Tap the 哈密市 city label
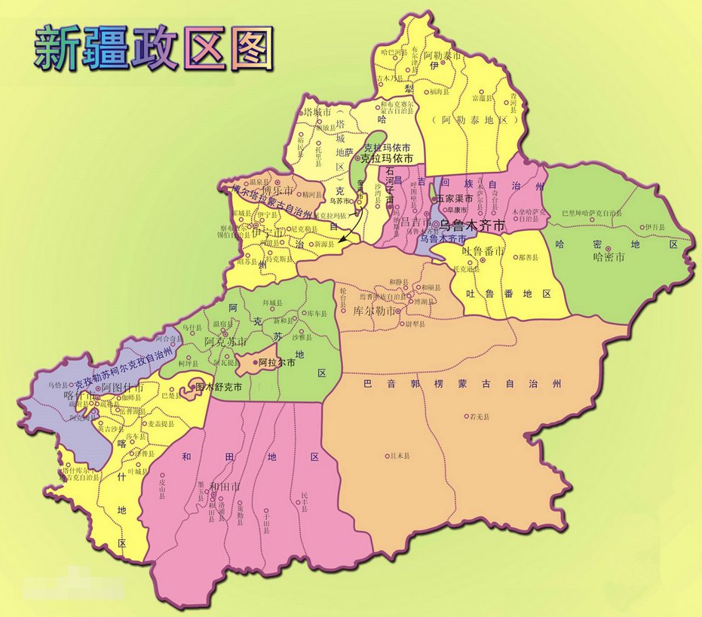coord(609,257)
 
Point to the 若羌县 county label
coord(480,416)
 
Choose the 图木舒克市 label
coord(219,388)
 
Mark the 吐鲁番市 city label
coord(483,250)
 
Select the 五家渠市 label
coord(455,198)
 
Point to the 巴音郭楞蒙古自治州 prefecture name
coord(463,384)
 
